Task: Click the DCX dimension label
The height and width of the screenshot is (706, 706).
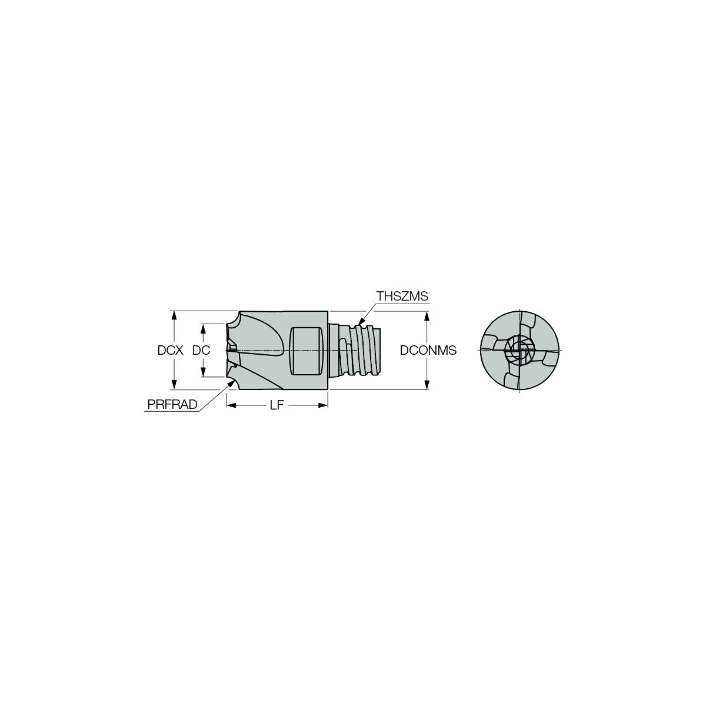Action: click(170, 351)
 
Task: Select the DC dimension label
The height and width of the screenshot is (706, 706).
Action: click(201, 351)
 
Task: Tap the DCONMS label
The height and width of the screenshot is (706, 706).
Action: click(428, 351)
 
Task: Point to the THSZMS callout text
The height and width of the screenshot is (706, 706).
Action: click(402, 297)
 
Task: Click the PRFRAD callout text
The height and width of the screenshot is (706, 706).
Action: click(172, 404)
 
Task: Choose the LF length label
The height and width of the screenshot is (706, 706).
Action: click(277, 405)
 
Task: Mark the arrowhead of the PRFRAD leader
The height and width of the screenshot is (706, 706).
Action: click(232, 384)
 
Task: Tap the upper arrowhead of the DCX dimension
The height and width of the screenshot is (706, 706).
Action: click(174, 316)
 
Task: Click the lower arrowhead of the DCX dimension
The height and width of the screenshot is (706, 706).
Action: click(174, 385)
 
